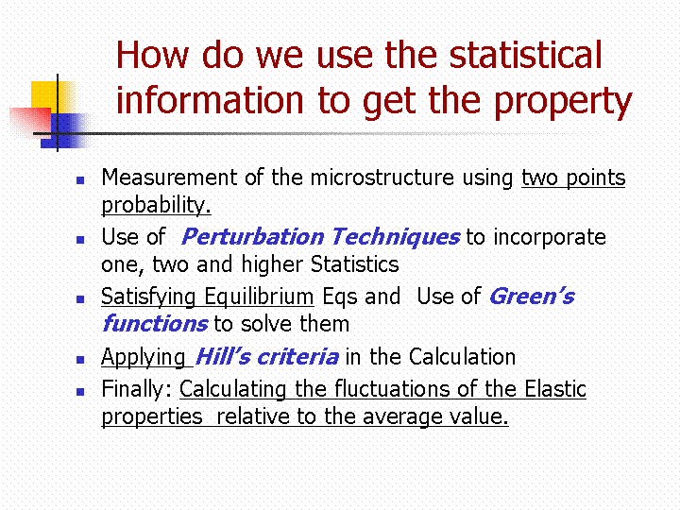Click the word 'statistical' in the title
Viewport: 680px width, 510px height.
tap(525, 55)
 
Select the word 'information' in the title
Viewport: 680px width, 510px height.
tap(210, 99)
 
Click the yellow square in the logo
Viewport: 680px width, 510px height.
tap(52, 97)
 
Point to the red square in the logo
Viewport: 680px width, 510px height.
tap(30, 122)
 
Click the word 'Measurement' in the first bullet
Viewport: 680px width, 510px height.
tap(169, 178)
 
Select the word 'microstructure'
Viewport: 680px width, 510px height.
tap(382, 178)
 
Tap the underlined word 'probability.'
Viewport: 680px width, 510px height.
tap(156, 205)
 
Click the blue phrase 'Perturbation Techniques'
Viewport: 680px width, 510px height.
tap(320, 237)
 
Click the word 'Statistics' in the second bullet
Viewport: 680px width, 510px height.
tap(355, 264)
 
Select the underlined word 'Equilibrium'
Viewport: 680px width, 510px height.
tap(259, 297)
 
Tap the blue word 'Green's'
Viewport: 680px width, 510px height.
tap(532, 297)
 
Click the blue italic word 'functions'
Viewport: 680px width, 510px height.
tap(155, 324)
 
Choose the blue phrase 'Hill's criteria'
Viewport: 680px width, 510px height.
tap(266, 357)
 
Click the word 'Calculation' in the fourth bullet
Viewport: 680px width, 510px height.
tap(462, 357)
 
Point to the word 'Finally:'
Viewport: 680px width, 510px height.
tap(138, 389)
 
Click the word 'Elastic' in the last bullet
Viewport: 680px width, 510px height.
tap(555, 388)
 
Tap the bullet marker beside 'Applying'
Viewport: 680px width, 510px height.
tap(80, 360)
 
